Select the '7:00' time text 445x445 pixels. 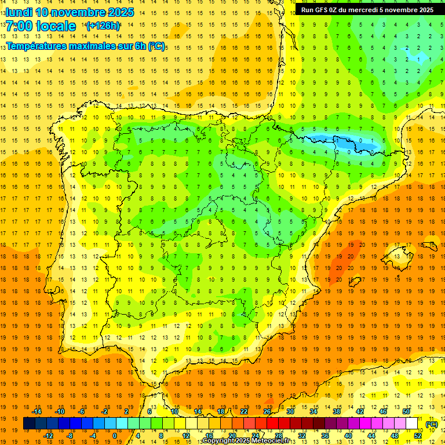(21, 27)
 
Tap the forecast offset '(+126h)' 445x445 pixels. (103, 26)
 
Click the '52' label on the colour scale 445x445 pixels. (418, 436)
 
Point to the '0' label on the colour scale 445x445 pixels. (115, 436)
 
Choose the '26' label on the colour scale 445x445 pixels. (267, 411)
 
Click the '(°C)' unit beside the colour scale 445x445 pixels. (432, 424)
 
